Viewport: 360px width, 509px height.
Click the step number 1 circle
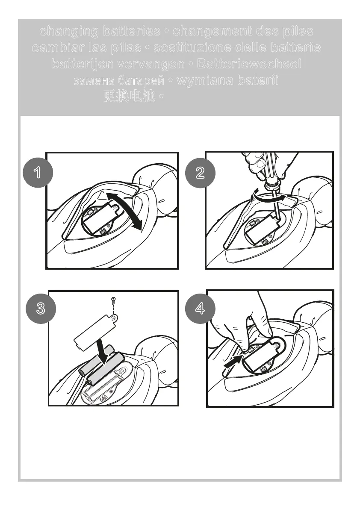[x=38, y=172]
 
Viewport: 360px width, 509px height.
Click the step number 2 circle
[x=200, y=173]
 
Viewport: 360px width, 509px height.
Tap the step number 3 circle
[x=41, y=309]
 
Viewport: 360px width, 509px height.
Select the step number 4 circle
[x=200, y=309]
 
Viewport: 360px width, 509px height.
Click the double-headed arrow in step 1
[x=124, y=211]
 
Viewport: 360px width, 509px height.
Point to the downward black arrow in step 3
[x=103, y=352]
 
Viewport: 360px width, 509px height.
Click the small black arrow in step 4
[x=233, y=361]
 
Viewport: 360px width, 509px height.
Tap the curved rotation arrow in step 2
[x=269, y=197]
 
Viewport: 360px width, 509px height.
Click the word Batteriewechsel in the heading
[x=249, y=64]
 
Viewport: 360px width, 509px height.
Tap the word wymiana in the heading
[x=204, y=80]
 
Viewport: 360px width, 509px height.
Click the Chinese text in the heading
[x=129, y=96]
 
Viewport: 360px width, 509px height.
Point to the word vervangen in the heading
[x=150, y=64]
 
